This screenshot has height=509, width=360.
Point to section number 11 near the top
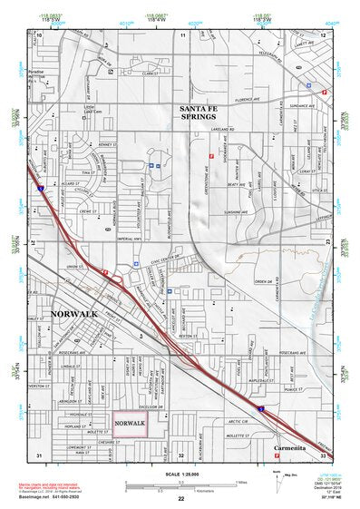click(x=182, y=34)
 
